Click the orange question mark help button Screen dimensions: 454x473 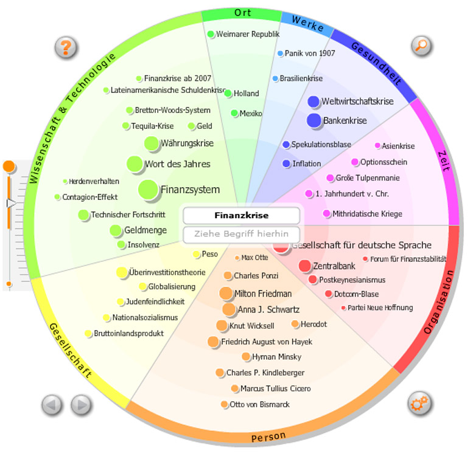(x=66, y=47)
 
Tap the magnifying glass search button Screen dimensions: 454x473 (x=421, y=45)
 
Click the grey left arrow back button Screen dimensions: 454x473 (x=52, y=404)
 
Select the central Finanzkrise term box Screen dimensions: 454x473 (x=241, y=215)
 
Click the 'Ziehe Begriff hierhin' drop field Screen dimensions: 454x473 (x=241, y=233)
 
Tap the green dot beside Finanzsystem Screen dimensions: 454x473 (x=148, y=190)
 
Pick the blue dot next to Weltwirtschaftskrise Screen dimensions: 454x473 (x=314, y=101)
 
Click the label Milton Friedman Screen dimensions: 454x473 (x=263, y=294)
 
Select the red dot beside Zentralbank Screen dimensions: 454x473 (x=305, y=266)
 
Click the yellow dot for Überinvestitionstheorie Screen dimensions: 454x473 (x=122, y=272)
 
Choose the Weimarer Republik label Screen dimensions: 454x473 (x=248, y=34)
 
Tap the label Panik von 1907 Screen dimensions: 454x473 (x=310, y=53)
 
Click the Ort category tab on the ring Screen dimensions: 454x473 (x=242, y=13)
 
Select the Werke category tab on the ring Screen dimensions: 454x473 (x=307, y=22)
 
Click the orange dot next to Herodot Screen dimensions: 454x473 (x=295, y=325)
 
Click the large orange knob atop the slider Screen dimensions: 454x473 (x=9, y=166)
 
